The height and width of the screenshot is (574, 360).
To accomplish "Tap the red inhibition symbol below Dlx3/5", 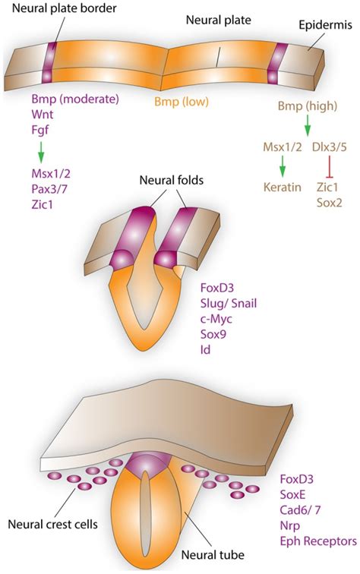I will [328, 165].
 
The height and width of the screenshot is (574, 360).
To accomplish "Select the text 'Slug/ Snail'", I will [232, 304].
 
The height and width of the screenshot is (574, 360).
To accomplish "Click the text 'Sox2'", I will [327, 200].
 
